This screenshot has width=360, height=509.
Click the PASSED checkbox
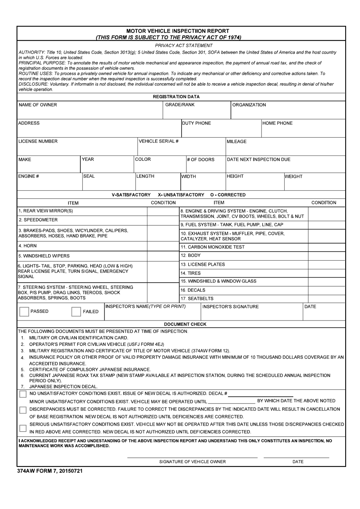pyautogui.click(x=24, y=312)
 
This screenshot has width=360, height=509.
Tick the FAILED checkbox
pyautogui.click(x=76, y=312)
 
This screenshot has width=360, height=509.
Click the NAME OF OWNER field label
pyautogui.click(x=38, y=105)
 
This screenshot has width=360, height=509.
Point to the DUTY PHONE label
pyautogui.click(x=197, y=123)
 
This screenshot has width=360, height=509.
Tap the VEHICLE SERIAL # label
pyautogui.click(x=158, y=141)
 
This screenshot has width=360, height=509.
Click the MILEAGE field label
pyautogui.click(x=236, y=141)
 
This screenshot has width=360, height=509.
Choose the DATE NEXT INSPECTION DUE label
pyautogui.click(x=258, y=160)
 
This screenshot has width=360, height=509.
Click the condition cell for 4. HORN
pyautogui.click(x=163, y=246)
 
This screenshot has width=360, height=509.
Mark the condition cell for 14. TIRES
pyautogui.click(x=327, y=273)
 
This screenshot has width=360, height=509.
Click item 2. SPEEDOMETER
pyautogui.click(x=38, y=220)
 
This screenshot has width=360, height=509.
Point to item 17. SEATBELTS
pyautogui.click(x=197, y=298)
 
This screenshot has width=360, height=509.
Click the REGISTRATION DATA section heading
pyautogui.click(x=176, y=97)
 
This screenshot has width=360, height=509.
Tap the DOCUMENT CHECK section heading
pyautogui.click(x=185, y=324)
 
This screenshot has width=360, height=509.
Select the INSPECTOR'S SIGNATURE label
pyautogui.click(x=231, y=307)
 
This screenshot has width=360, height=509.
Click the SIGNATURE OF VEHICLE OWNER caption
pyautogui.click(x=193, y=462)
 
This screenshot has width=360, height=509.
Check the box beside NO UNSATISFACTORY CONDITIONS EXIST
pyautogui.click(x=23, y=394)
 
